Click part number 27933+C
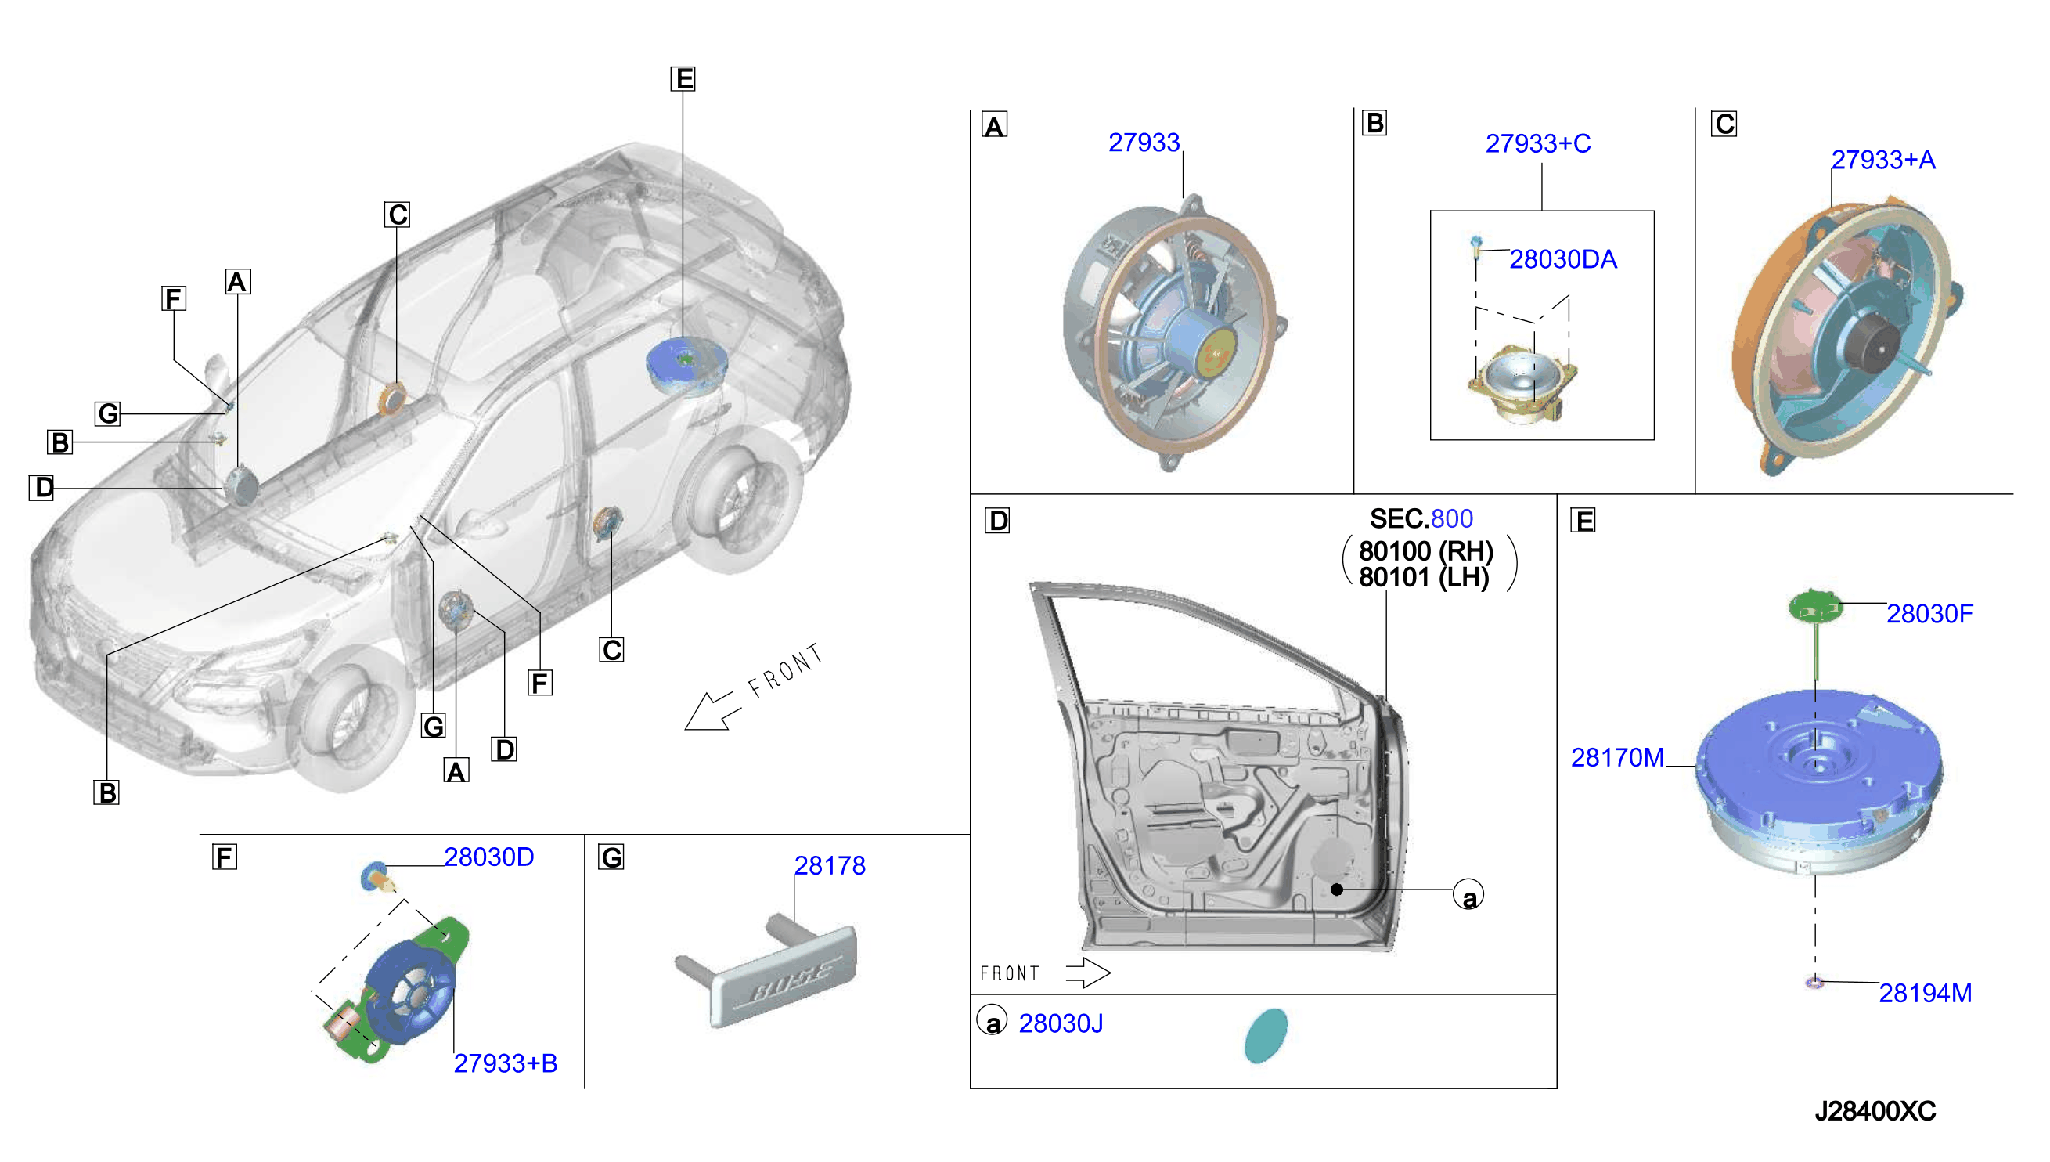1537,143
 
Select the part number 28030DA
1562,259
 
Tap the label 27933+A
1882,160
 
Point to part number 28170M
1617,757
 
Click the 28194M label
1925,993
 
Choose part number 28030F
1929,614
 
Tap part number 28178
830,866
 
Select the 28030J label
1061,1023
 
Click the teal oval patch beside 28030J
1266,1035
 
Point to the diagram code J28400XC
1875,1111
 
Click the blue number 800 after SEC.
1452,518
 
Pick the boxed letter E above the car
683,78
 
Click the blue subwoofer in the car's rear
686,365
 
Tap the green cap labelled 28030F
1815,607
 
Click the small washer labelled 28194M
1814,982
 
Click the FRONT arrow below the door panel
1088,973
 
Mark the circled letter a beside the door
1468,894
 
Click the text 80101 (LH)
1424,577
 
